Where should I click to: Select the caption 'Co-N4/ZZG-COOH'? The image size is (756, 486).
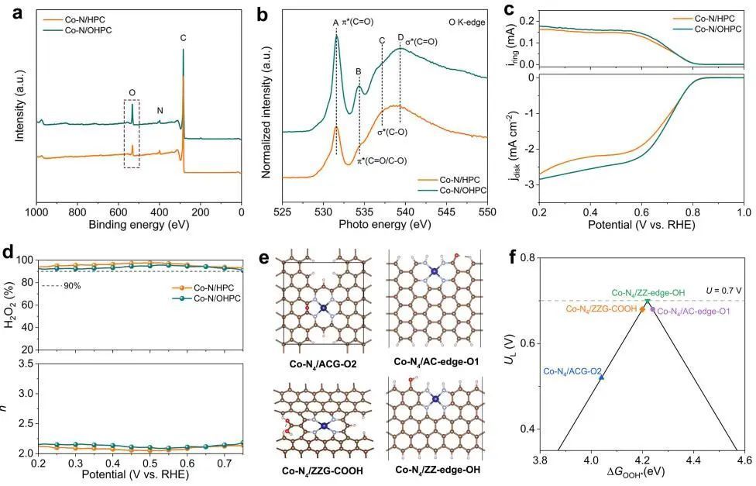(316, 470)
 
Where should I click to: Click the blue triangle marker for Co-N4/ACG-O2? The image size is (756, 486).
(601, 377)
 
